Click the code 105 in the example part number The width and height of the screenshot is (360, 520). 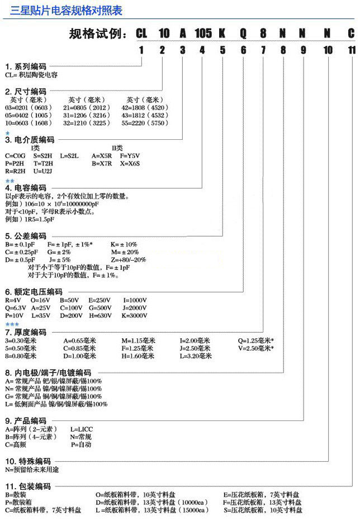click(x=203, y=34)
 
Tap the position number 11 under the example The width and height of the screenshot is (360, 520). click(x=351, y=50)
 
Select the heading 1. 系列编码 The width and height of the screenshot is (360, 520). click(x=26, y=67)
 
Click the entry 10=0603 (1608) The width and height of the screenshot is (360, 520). click(x=29, y=122)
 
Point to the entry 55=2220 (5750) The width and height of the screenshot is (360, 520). click(x=148, y=122)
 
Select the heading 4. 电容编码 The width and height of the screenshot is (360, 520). click(x=26, y=188)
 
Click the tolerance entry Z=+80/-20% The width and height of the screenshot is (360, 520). click(x=129, y=259)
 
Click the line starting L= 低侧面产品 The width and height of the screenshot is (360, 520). click(x=56, y=404)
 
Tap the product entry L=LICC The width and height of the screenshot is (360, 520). click(x=83, y=428)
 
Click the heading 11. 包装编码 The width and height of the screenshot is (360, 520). click(x=28, y=486)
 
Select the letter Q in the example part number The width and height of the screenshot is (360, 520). click(x=243, y=34)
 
